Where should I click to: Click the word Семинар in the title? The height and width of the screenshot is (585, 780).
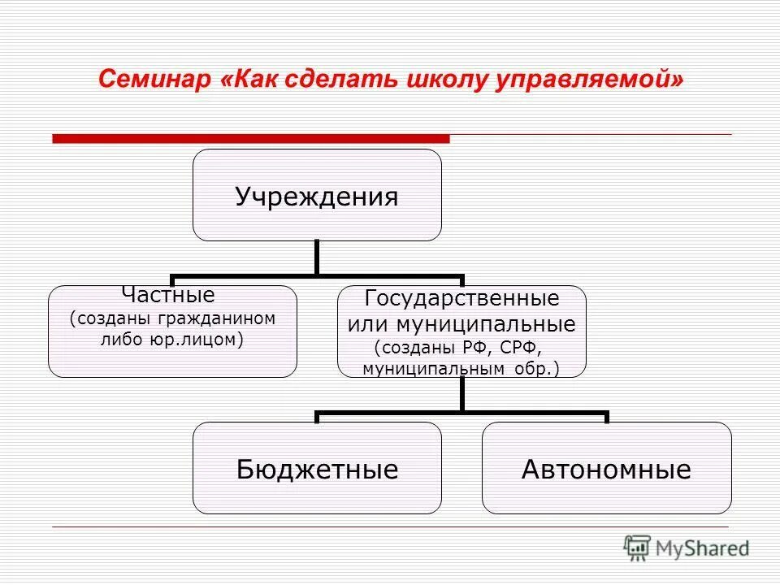click(x=154, y=80)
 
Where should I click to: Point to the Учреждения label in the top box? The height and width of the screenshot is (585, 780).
click(x=317, y=197)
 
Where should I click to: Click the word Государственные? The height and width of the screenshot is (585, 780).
click(x=461, y=298)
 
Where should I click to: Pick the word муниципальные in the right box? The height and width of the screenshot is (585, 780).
click(x=486, y=325)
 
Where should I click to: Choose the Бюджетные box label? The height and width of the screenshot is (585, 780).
click(x=317, y=469)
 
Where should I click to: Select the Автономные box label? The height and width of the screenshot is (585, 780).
click(x=606, y=469)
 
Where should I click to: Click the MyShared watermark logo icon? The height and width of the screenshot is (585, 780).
click(x=637, y=548)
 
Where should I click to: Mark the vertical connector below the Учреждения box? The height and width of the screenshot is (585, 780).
click(x=317, y=258)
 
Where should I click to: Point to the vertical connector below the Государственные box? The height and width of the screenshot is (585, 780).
click(x=461, y=395)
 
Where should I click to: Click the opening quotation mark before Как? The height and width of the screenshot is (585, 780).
click(x=225, y=80)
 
